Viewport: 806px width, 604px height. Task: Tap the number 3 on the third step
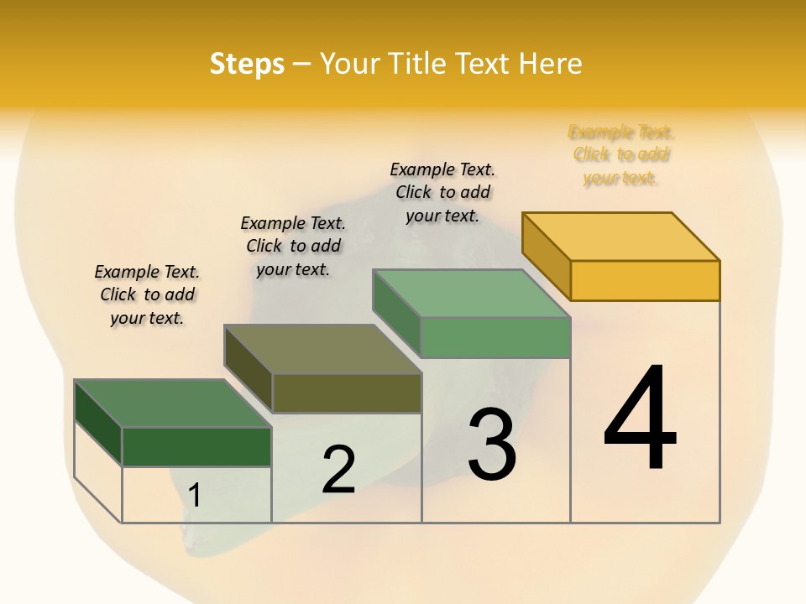point(491,444)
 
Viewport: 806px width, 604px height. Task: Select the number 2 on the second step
point(338,470)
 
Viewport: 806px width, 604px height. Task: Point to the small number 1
point(195,495)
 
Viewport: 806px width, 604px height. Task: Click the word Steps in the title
point(247,64)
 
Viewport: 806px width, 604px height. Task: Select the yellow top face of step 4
point(621,236)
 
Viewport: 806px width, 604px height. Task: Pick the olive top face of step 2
point(322,349)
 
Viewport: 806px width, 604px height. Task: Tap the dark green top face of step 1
point(172,404)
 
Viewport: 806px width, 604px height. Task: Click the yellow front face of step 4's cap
point(645,280)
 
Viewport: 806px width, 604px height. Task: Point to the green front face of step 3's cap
point(495,337)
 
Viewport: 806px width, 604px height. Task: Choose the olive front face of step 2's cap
point(347,393)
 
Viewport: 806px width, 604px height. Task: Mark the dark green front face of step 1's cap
point(196,447)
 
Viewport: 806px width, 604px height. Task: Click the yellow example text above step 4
point(621,154)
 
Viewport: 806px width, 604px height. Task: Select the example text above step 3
point(442,192)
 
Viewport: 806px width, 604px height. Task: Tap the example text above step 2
point(293,246)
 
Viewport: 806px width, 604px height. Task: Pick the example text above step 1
point(147,294)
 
